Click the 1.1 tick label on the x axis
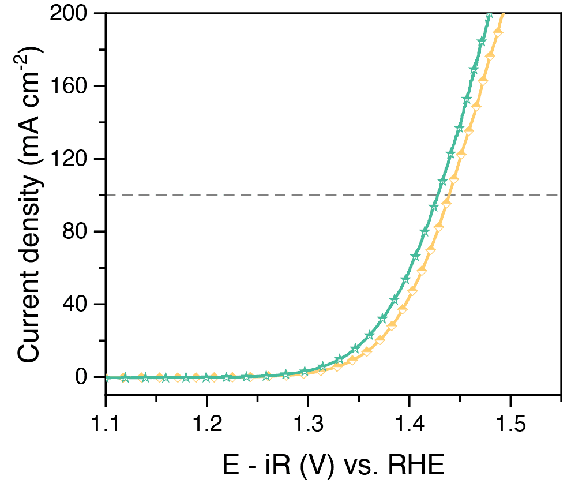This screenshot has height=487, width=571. (x=106, y=426)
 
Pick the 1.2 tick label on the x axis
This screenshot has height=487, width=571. (x=206, y=426)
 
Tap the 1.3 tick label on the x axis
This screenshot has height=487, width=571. (x=308, y=426)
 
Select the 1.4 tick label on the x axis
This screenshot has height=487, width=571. (x=409, y=426)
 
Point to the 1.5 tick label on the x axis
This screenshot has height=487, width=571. (x=510, y=426)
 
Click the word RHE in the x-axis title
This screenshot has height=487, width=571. (x=410, y=465)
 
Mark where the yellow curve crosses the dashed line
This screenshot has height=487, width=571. (x=448, y=195)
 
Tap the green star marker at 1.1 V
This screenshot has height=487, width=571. (x=106, y=377)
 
